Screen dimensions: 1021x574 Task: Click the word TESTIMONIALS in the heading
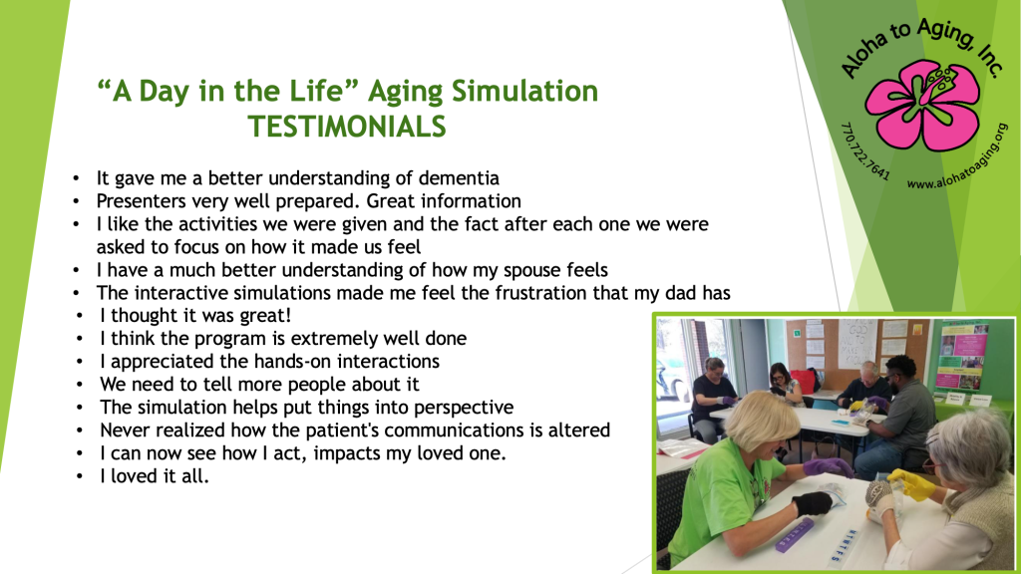[x=346, y=127]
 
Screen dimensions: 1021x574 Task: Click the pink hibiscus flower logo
[x=922, y=105]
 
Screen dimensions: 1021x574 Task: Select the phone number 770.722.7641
[x=864, y=151]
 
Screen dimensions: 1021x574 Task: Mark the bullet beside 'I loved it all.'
[x=80, y=476]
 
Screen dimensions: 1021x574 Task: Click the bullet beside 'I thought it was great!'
[x=80, y=316]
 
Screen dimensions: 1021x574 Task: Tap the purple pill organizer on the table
[x=795, y=535]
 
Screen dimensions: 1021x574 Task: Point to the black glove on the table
[x=812, y=503]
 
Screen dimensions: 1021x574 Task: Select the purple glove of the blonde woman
[x=827, y=466]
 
